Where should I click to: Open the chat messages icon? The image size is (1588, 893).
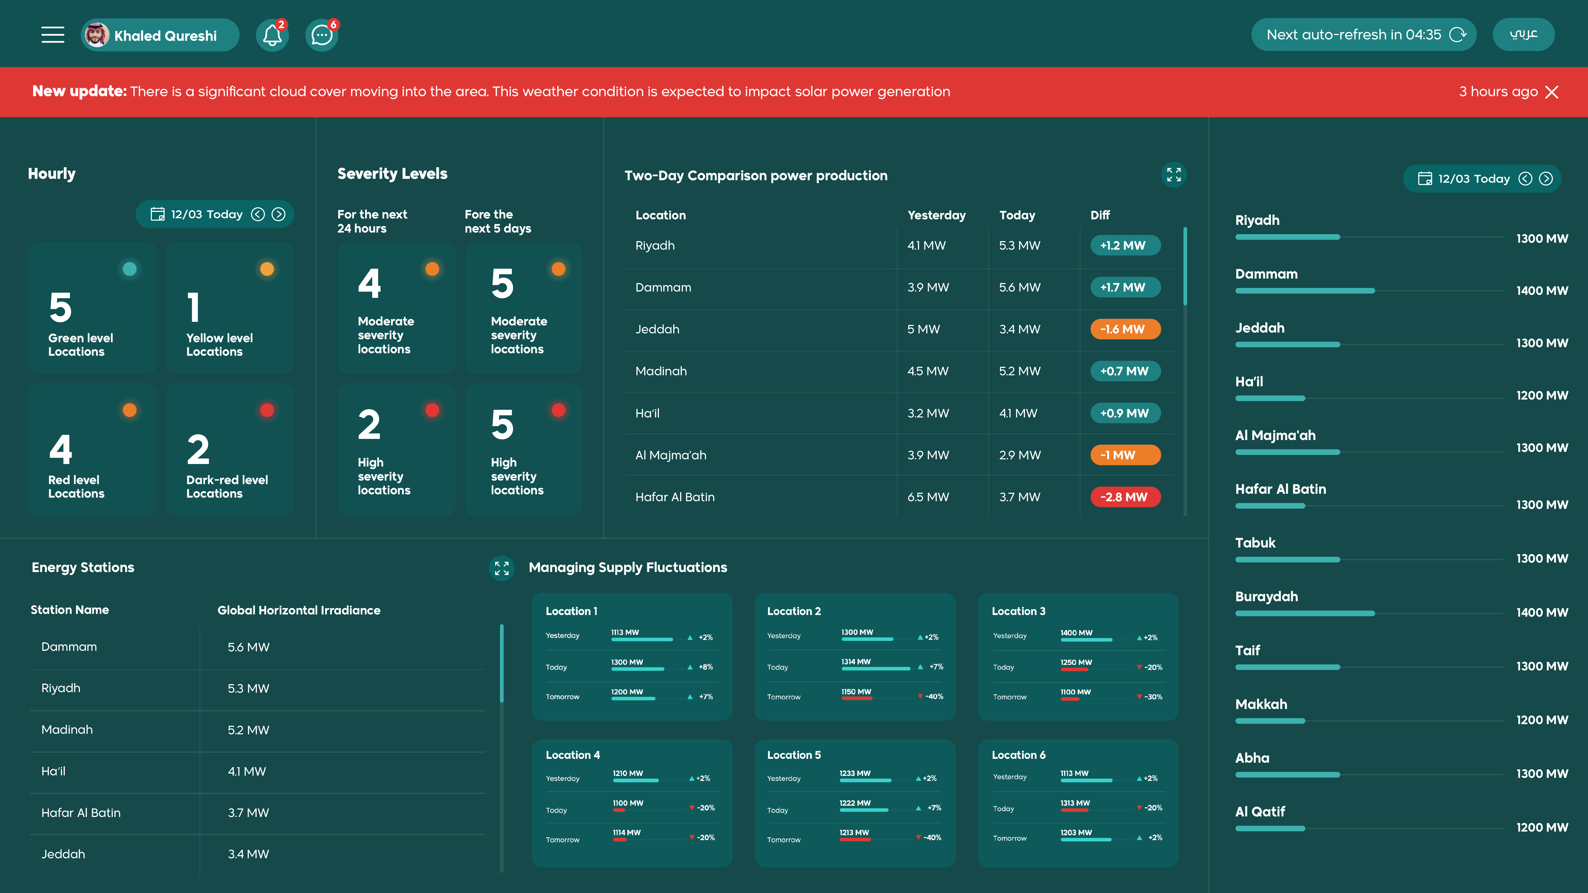[321, 35]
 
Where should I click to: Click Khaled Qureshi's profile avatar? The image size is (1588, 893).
[97, 35]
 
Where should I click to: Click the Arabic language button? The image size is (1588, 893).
[1523, 34]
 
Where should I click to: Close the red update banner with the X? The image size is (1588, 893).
[1552, 92]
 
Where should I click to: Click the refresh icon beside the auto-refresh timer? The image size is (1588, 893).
[1458, 34]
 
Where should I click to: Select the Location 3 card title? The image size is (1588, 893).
[1018, 611]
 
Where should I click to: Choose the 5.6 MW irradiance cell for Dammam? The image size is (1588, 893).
[248, 647]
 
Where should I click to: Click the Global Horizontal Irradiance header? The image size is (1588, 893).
[299, 610]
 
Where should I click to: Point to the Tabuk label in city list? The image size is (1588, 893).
[1255, 543]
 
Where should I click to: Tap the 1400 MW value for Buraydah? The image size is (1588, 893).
[1542, 613]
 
